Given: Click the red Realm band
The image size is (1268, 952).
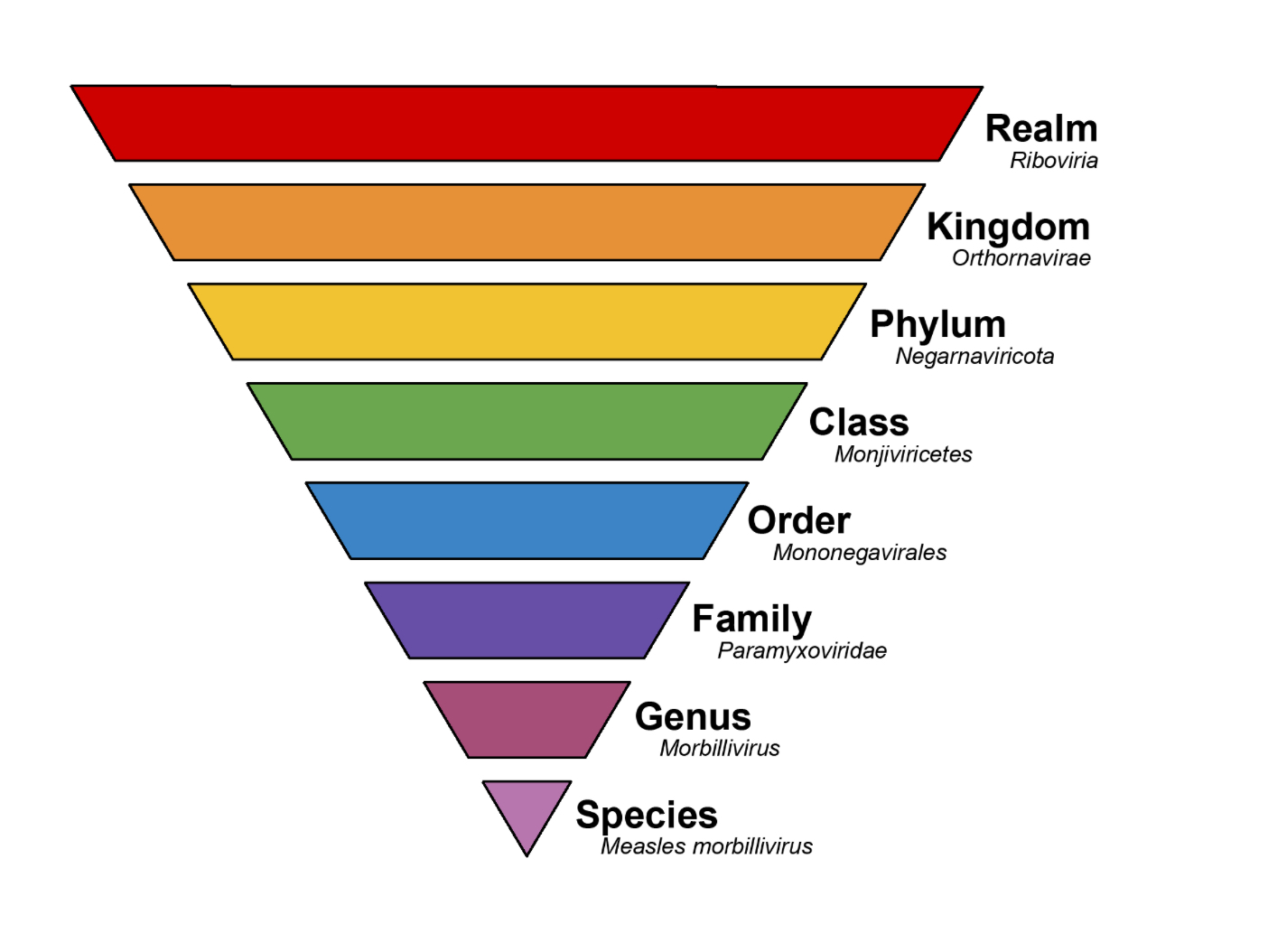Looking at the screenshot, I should [x=527, y=124].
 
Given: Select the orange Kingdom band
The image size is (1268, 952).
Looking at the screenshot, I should [x=527, y=222].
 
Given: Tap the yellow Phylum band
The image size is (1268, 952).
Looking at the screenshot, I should [x=527, y=322].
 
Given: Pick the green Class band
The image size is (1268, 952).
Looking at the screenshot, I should [x=527, y=421].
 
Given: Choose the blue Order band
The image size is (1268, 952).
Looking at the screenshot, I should [x=527, y=520].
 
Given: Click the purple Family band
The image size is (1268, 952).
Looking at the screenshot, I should [x=527, y=620].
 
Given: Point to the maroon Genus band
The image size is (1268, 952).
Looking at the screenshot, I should [x=527, y=719].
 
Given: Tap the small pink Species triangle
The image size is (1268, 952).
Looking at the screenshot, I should [x=527, y=807].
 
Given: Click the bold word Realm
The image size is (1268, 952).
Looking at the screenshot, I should [x=1040, y=128].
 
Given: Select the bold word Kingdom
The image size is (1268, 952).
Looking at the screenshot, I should [x=1008, y=227].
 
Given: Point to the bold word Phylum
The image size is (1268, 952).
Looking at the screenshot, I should [x=937, y=324].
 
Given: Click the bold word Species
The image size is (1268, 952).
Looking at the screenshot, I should [x=647, y=815].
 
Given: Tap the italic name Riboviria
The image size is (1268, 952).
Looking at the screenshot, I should [x=1054, y=161].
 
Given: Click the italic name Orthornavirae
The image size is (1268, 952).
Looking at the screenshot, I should [x=1021, y=258].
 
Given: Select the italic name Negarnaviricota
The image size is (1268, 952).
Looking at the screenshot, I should [x=974, y=357].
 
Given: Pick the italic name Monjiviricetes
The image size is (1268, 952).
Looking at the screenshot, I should [x=903, y=454].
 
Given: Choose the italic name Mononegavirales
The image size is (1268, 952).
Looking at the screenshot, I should [x=860, y=553].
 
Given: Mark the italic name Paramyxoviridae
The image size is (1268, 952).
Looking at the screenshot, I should [x=802, y=651].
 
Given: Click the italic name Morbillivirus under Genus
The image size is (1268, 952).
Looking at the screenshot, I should [x=720, y=749].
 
